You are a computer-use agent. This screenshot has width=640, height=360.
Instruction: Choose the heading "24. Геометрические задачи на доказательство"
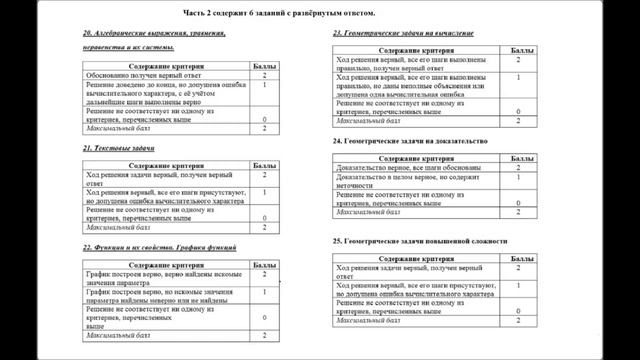(409, 141)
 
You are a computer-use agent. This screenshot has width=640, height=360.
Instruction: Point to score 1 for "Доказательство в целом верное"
(518, 177)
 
